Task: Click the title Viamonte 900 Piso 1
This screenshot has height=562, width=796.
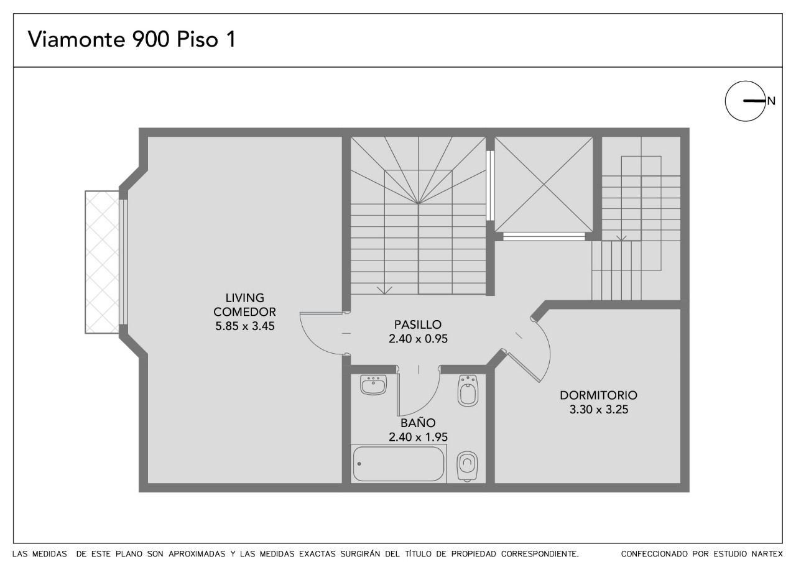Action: (132, 39)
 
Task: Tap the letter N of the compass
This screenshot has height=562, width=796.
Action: (771, 101)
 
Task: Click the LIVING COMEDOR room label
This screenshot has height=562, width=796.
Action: (244, 305)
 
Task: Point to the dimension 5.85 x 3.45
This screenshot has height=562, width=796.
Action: (245, 326)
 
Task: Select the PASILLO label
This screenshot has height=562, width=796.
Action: (417, 325)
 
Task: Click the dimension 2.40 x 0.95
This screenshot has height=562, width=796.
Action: (418, 339)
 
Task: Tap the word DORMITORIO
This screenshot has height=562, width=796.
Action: (599, 395)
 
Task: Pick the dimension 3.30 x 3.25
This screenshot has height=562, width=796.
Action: (599, 410)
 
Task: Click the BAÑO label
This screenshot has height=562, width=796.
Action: (418, 423)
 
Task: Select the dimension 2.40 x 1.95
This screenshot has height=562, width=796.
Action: (418, 437)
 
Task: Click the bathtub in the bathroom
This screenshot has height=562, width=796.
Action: (399, 464)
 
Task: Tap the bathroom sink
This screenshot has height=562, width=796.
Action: (373, 385)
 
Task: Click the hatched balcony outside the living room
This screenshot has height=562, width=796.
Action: (102, 262)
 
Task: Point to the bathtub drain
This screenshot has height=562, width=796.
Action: (359, 464)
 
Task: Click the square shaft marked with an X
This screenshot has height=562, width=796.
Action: (544, 185)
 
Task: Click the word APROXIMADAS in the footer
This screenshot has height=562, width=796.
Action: (197, 554)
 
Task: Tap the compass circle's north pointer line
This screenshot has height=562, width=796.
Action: (754, 101)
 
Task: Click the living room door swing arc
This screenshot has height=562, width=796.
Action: (312, 342)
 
